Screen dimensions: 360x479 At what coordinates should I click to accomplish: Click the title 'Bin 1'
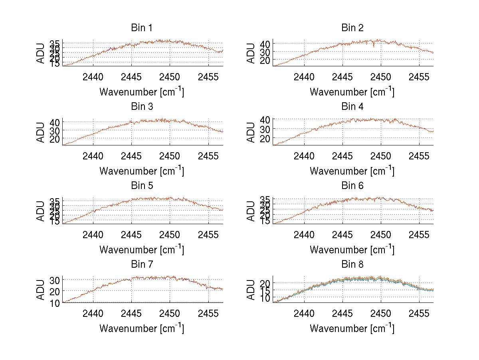(x=142, y=28)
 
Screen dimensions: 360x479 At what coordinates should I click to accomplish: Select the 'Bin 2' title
(x=352, y=28)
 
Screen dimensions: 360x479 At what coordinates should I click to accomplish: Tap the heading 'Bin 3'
(x=142, y=107)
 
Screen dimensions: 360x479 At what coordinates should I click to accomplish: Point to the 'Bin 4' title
(x=352, y=107)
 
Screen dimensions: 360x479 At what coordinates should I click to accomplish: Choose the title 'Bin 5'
(x=142, y=186)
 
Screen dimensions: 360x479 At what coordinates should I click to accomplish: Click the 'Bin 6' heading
(x=352, y=186)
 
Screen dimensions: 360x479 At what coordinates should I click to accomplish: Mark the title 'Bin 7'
(x=142, y=265)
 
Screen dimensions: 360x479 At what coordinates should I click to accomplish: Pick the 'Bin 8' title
(x=352, y=265)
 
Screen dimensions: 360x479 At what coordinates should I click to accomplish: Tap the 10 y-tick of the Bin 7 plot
(x=55, y=303)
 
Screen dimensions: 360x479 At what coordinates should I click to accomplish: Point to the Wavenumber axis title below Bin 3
(x=142, y=171)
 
